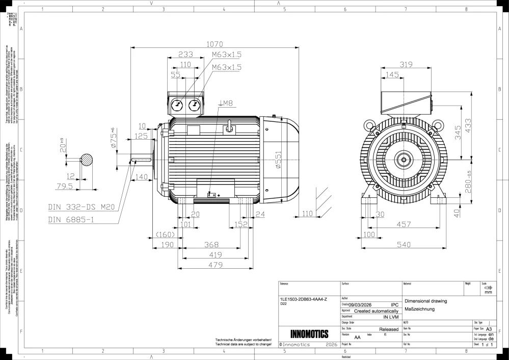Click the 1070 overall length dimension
[215, 44]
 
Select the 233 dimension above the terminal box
[185, 55]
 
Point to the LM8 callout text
[225, 104]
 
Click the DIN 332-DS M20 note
[81, 207]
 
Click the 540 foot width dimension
[404, 245]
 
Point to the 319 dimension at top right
[406, 65]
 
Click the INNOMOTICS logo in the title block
[309, 335]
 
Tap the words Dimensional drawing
[425, 301]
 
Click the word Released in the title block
[389, 330]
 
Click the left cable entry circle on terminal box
[176, 105]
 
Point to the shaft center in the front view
[404, 160]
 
